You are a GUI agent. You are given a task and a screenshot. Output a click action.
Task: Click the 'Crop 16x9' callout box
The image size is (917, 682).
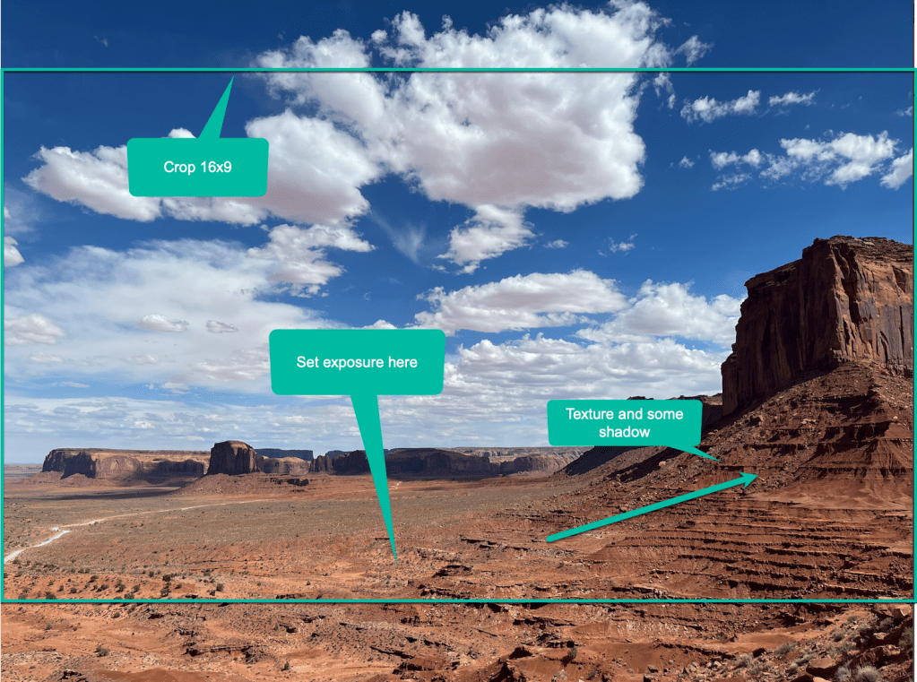pos(198,167)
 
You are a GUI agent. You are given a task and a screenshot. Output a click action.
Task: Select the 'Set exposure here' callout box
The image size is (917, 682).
pos(357,362)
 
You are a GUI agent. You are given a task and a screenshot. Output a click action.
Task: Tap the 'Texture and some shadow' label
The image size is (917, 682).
pos(624,422)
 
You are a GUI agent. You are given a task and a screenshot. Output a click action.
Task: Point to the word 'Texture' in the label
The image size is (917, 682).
pos(592,414)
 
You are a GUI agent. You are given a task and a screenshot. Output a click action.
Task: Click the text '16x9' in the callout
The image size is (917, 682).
pos(215,167)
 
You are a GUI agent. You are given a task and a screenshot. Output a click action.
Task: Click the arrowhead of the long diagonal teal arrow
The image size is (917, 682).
pos(756,476)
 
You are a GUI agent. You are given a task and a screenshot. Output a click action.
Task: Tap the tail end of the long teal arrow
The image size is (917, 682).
pos(549,540)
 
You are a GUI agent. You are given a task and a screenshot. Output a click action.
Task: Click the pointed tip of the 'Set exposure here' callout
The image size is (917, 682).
pos(394,560)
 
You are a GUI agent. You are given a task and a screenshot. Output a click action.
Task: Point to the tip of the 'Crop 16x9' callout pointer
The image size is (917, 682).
pos(233,77)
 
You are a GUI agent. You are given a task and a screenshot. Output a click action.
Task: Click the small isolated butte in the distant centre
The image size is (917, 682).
pos(232,458)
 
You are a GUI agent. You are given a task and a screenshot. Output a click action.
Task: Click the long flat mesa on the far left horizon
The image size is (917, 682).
pos(125,462)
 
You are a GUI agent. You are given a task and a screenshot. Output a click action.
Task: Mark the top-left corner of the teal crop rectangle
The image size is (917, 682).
pos(3,70)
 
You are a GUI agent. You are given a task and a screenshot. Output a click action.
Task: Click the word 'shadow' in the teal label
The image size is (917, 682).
pos(624,432)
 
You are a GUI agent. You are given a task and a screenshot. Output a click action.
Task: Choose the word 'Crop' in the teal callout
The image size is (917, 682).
pos(180,167)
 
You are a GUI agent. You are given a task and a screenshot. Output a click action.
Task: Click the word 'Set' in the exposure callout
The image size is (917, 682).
pos(307,362)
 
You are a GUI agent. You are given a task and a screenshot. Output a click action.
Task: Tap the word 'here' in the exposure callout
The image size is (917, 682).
pos(404,362)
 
